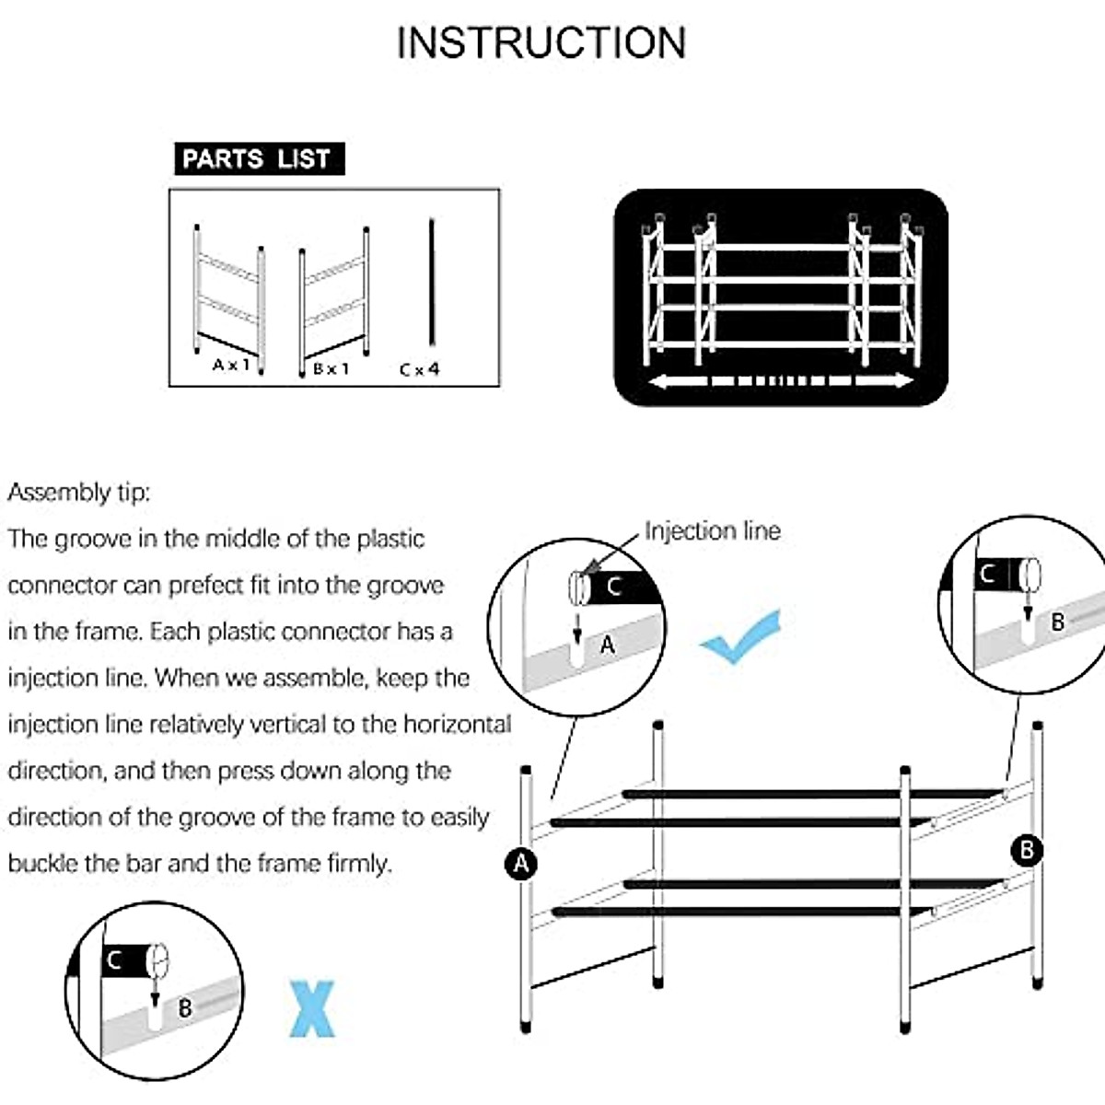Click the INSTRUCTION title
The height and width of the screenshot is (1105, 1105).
[x=541, y=43]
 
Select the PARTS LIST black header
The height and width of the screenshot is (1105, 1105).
[x=259, y=159]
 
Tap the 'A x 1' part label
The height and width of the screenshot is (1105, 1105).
[x=231, y=365]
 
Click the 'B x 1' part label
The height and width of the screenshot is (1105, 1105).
[x=331, y=368]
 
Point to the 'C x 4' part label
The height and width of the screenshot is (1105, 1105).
[x=420, y=369]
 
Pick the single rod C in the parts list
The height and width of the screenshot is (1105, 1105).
[x=431, y=282]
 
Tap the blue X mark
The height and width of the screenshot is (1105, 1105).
[x=313, y=1009]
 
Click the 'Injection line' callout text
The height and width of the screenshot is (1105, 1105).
[x=712, y=531]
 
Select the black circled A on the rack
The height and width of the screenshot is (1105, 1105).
[x=521, y=864]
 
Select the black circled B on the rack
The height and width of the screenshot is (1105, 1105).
[x=1027, y=849]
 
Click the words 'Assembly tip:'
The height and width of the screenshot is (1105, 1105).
[x=78, y=493]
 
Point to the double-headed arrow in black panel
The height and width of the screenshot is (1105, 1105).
[x=781, y=381]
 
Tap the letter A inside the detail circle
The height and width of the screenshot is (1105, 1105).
[x=607, y=646]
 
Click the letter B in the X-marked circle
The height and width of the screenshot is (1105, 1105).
[x=185, y=1007]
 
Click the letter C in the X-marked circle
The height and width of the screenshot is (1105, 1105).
[x=115, y=961]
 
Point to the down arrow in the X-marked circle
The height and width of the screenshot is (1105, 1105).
[x=155, y=993]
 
